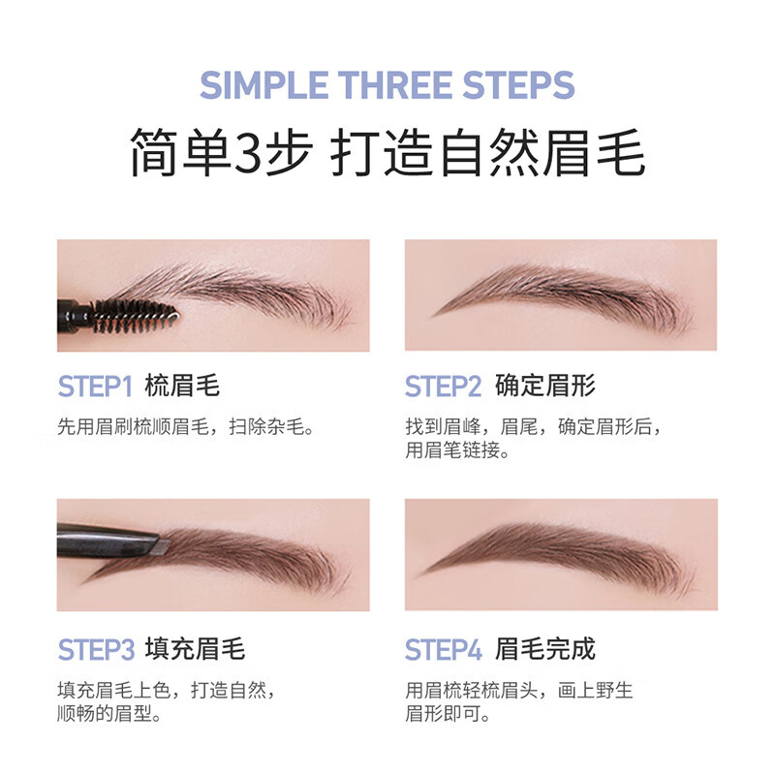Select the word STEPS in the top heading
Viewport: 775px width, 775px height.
pos(523,85)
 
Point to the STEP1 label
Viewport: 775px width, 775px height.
pos(94,387)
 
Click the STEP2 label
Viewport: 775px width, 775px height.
pos(443,387)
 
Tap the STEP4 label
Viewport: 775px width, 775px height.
pos(443,648)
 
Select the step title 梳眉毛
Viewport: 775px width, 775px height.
pos(182,387)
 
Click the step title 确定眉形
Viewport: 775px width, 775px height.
pos(544,387)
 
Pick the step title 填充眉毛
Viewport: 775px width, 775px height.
pos(195,648)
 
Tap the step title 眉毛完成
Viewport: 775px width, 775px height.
pos(544,648)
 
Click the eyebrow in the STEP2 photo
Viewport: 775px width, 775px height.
pos(562,294)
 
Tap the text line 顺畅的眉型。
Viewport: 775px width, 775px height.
pos(108,715)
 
